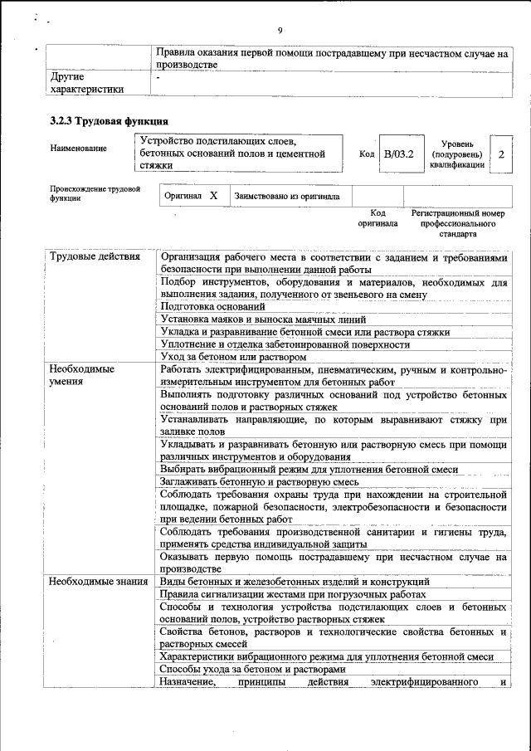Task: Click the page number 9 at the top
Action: pos(280,31)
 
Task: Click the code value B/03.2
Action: pos(398,154)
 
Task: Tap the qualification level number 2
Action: pos(501,154)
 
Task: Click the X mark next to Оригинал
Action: pos(213,196)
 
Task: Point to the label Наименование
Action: pos(78,148)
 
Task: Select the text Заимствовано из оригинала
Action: pos(287,197)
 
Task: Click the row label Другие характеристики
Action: pos(87,83)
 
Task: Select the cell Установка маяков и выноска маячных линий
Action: pos(263,319)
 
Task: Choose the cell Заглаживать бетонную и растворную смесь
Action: pos(259,481)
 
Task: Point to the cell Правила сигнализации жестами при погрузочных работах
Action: pos(294,594)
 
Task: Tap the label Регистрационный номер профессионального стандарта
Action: pos(457,223)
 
